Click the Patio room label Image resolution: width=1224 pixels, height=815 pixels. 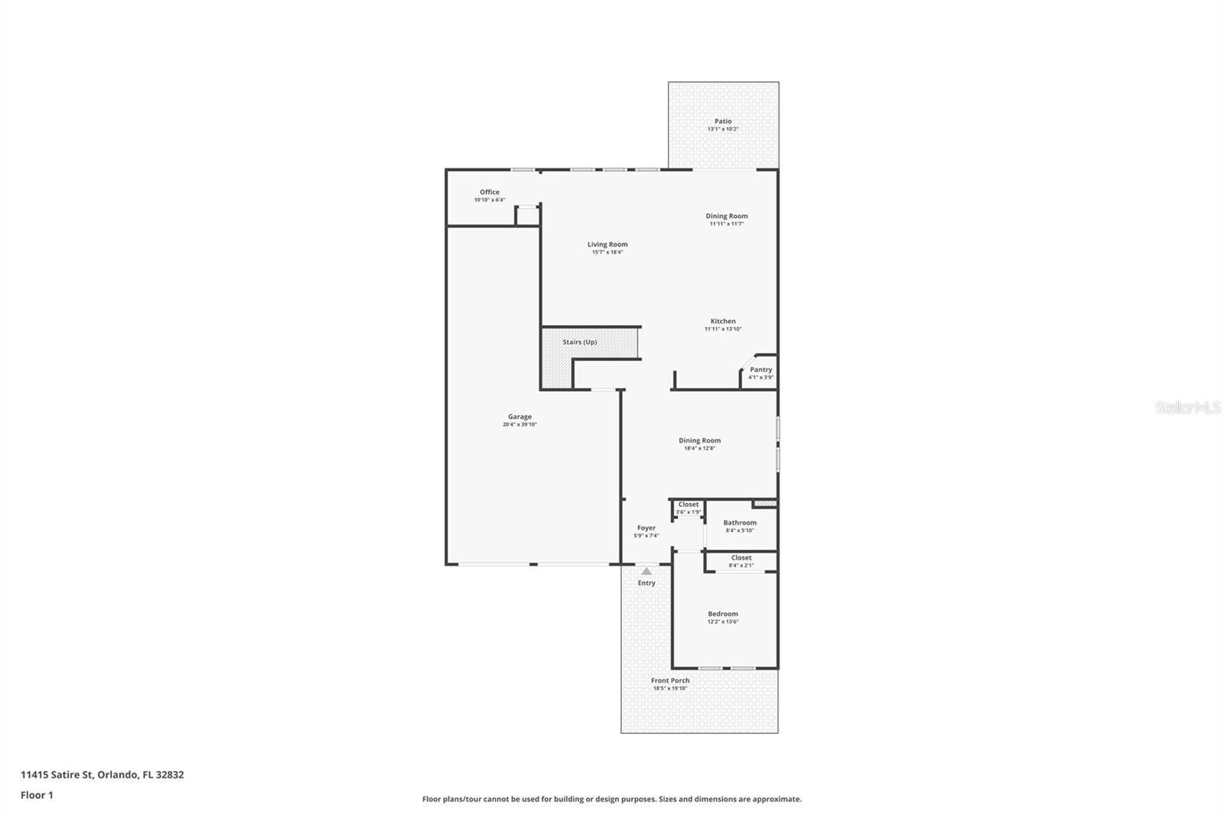[723, 121]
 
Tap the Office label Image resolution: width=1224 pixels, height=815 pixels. [490, 192]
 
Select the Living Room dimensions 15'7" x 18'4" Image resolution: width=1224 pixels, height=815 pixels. [607, 252]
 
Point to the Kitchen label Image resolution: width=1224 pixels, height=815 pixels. [723, 321]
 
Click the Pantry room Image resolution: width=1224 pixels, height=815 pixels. [760, 372]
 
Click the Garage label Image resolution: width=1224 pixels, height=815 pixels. [519, 417]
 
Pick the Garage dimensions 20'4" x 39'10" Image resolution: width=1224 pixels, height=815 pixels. [519, 424]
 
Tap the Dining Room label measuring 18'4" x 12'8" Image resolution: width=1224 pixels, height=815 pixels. [699, 440]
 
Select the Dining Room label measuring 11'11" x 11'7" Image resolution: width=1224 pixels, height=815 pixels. [726, 216]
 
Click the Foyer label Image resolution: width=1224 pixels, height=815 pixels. [646, 528]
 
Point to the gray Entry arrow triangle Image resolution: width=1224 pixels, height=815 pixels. [646, 571]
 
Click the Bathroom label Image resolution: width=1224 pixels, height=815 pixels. [740, 523]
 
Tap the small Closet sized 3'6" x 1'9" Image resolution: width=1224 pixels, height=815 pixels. [688, 508]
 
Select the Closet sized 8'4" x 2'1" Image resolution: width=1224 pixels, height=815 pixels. [741, 560]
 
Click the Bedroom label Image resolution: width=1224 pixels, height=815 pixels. [723, 614]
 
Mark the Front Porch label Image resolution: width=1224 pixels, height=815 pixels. [670, 680]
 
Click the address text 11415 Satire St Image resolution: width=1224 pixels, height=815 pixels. [57, 774]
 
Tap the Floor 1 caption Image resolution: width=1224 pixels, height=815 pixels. [37, 795]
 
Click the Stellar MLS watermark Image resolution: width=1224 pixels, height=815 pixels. [1187, 407]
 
